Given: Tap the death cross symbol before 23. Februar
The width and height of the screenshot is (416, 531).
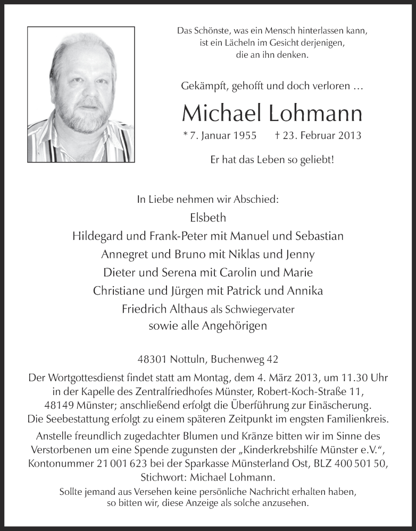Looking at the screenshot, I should click(x=279, y=135).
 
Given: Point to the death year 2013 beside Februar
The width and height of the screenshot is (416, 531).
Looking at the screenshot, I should click(x=349, y=135).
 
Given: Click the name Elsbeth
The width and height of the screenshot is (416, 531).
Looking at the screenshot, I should click(x=207, y=218).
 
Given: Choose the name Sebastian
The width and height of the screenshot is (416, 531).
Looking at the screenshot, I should click(x=317, y=236).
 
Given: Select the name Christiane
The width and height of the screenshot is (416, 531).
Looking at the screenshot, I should click(x=120, y=291).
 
